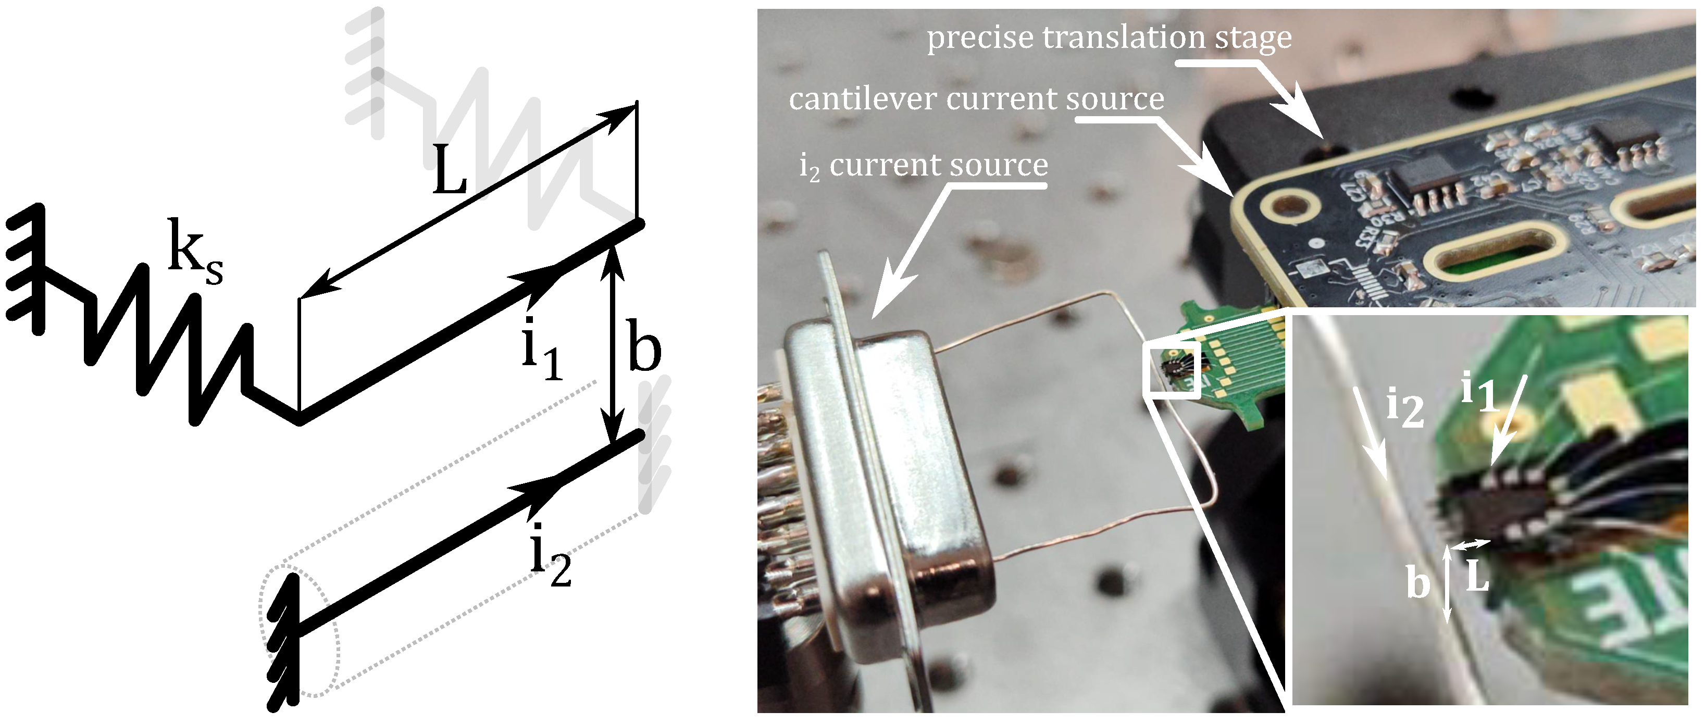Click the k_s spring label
[194, 252]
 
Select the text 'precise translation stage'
[1109, 38]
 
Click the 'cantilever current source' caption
[976, 99]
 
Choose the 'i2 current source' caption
[923, 166]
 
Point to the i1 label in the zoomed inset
[1477, 392]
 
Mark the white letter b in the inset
[1418, 583]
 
